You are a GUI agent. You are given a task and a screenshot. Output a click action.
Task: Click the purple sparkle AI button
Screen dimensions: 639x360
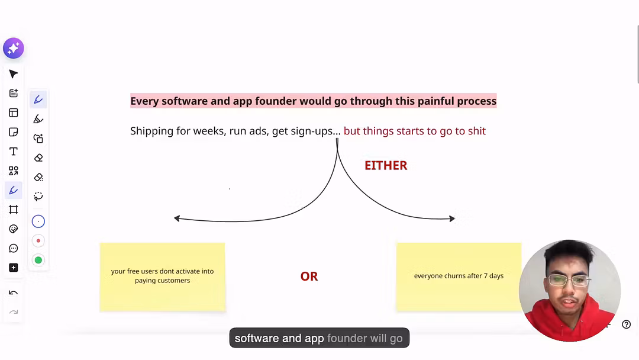14,48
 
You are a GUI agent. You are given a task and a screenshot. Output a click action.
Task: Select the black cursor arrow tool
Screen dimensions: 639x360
14,74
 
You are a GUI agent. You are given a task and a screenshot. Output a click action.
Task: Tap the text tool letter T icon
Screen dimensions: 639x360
14,151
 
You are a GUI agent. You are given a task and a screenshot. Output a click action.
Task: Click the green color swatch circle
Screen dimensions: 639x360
38,260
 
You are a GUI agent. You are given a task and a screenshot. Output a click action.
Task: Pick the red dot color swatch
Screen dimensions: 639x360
38,240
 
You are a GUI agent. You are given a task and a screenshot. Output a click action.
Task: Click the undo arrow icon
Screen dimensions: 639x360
14,292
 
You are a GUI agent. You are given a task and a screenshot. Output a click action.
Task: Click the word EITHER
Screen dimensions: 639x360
386,166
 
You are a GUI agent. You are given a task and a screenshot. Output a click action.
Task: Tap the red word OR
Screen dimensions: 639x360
309,277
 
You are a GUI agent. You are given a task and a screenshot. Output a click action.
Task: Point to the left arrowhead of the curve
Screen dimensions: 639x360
176,218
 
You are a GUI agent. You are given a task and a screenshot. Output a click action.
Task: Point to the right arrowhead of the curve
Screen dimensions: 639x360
453,218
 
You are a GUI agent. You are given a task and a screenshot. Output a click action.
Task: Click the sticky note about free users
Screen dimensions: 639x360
162,277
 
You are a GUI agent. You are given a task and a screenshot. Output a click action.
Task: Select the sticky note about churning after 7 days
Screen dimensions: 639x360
459,277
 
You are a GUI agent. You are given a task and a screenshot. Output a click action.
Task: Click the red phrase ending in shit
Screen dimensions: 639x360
414,131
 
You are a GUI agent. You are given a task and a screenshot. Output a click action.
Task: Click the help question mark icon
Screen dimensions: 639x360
627,324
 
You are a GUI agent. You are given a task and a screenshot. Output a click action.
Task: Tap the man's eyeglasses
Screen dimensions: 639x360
569,280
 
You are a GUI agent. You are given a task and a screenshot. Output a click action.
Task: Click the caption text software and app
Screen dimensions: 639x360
279,339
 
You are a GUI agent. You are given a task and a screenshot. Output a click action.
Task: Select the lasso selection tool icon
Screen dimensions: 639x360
38,196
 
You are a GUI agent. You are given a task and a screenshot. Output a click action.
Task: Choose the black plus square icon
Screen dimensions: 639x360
14,268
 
